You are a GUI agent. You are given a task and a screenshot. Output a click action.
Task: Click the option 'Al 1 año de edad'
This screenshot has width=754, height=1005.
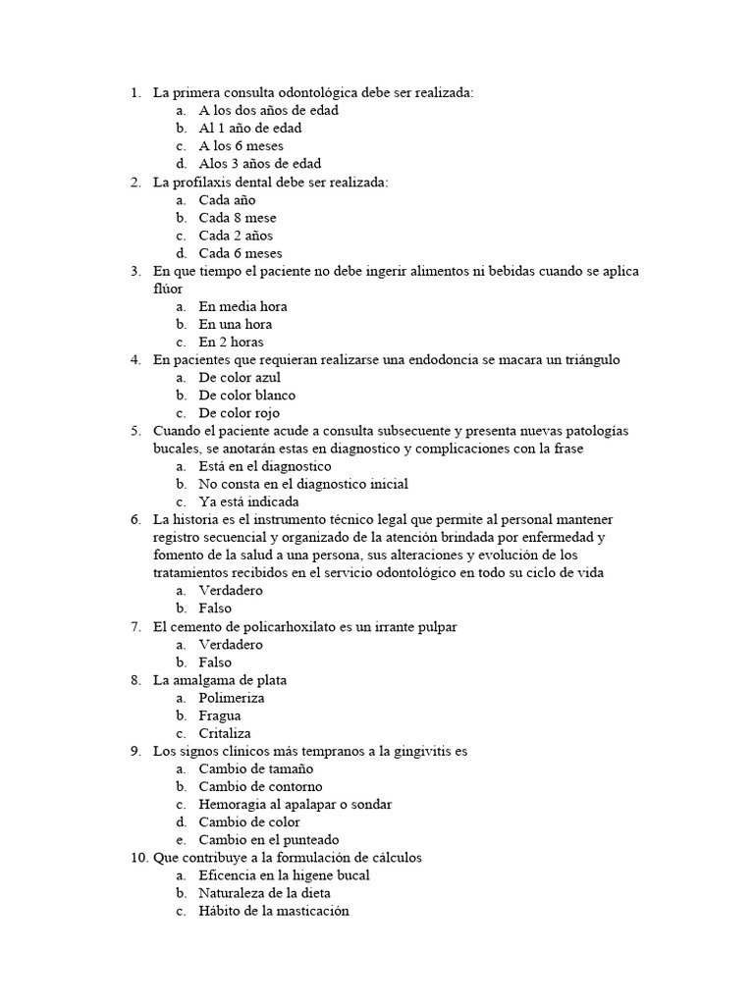pyautogui.click(x=249, y=129)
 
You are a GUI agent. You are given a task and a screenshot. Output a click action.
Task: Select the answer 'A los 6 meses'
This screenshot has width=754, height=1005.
pyautogui.click(x=241, y=146)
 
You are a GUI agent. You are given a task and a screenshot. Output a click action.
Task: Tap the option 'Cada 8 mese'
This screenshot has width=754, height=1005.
pyautogui.click(x=237, y=218)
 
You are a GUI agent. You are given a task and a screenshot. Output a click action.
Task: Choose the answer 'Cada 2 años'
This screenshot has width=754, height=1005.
pyautogui.click(x=236, y=236)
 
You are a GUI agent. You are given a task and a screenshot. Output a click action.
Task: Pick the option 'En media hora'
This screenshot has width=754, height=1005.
pyautogui.click(x=242, y=306)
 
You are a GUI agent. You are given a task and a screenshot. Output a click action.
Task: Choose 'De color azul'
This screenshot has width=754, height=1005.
pyautogui.click(x=239, y=378)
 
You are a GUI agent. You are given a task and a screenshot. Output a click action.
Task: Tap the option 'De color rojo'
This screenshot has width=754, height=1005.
pyautogui.click(x=239, y=413)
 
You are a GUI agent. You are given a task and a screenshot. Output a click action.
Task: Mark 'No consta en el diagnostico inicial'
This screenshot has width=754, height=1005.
pyautogui.click(x=303, y=484)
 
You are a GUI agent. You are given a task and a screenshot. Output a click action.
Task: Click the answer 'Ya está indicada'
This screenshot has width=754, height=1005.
pyautogui.click(x=249, y=502)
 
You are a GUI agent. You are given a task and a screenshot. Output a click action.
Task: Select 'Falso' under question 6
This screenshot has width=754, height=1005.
pyautogui.click(x=215, y=608)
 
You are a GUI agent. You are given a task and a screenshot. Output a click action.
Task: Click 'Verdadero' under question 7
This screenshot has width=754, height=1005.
pyautogui.click(x=230, y=645)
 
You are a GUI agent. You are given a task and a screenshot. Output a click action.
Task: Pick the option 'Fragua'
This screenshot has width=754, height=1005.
pyautogui.click(x=220, y=715)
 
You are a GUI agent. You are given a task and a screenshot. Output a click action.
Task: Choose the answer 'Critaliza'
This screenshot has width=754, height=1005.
pyautogui.click(x=225, y=733)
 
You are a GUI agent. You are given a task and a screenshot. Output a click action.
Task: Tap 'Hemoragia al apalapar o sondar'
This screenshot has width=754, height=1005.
pyautogui.click(x=295, y=805)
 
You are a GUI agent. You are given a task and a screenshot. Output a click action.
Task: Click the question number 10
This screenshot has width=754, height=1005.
pyautogui.click(x=138, y=858)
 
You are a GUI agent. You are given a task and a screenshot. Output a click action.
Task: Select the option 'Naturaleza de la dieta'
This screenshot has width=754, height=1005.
pyautogui.click(x=264, y=893)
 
